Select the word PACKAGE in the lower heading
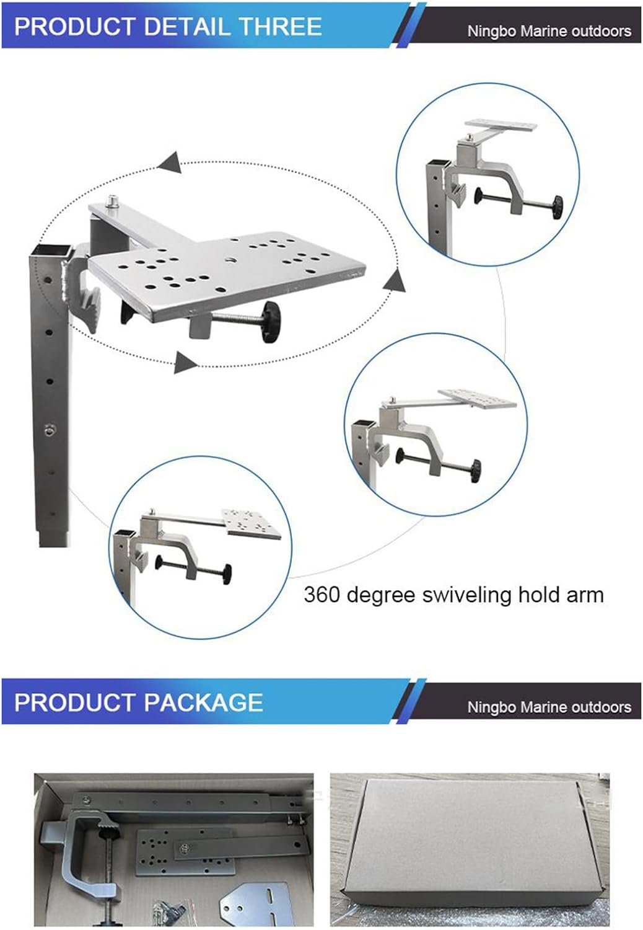(x=203, y=702)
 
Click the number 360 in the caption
(x=322, y=595)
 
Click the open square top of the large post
(x=50, y=250)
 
